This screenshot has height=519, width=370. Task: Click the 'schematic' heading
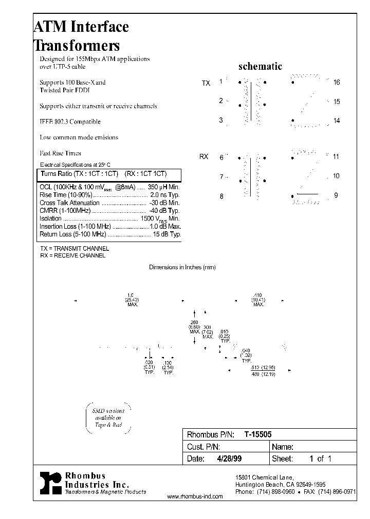click(x=261, y=67)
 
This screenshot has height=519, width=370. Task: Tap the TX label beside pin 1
click(x=206, y=83)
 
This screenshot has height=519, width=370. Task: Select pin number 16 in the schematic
click(x=337, y=82)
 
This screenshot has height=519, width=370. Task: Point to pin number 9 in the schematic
click(x=336, y=195)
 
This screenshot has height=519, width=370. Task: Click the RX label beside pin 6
click(x=204, y=156)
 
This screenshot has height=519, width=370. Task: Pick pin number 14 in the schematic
click(x=337, y=121)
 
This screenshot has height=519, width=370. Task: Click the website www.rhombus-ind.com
click(x=195, y=496)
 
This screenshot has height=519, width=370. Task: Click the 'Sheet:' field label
click(x=282, y=459)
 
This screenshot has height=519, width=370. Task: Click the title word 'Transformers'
click(x=77, y=45)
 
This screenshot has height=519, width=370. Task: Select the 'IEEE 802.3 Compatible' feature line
click(x=70, y=122)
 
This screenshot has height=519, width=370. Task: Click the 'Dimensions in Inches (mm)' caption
click(x=182, y=267)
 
